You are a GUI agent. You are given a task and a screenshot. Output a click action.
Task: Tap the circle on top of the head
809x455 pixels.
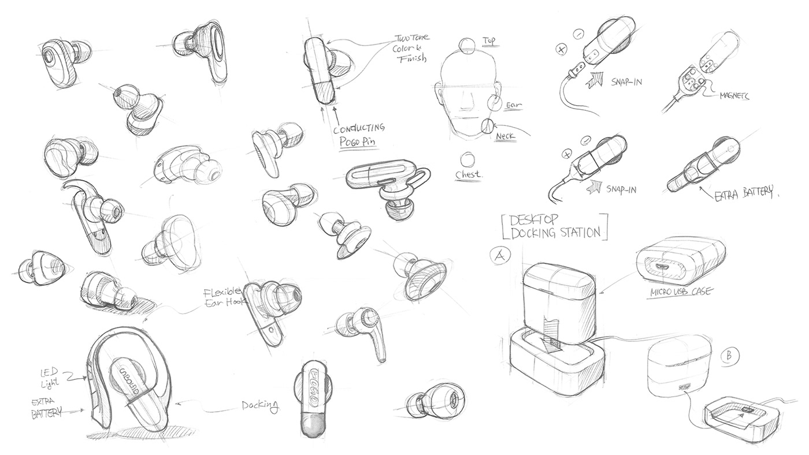click(x=466, y=44)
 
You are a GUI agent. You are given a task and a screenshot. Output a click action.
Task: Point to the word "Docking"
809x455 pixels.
click(x=260, y=408)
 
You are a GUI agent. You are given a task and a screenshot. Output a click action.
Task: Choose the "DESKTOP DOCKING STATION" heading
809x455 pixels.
click(x=554, y=226)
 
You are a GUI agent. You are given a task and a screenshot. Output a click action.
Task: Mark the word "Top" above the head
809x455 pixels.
click(x=489, y=42)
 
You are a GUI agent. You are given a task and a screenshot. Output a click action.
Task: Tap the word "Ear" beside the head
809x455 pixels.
click(x=513, y=105)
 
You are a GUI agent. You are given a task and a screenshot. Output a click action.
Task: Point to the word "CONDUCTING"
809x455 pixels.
click(x=358, y=127)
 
